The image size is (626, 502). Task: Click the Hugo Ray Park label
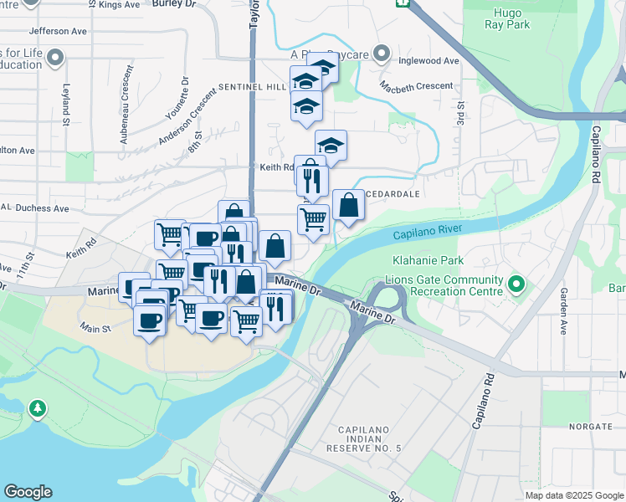coord(506,19)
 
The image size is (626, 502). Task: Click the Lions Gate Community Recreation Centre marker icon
coord(516,285)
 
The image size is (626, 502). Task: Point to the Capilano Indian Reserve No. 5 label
coord(370,439)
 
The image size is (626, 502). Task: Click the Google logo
coord(28,492)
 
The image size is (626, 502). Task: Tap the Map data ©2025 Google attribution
coord(575,495)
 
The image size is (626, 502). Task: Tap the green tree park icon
coord(37,408)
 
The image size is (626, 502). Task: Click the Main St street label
coord(95,329)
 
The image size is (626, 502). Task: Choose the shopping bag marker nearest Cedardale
coord(348,205)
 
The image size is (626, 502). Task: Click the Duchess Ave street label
coord(38,207)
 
